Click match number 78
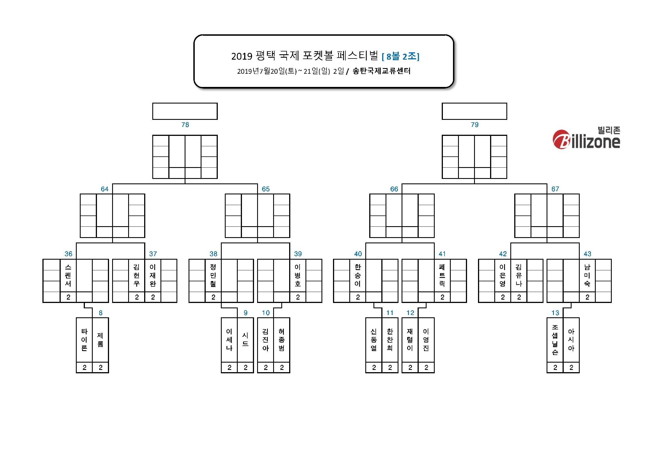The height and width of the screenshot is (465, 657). tap(185, 125)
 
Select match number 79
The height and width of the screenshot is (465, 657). tap(475, 125)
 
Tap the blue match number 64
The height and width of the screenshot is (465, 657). tap(105, 189)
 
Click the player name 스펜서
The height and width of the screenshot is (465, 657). tap(68, 275)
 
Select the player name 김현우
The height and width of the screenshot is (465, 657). tap(137, 275)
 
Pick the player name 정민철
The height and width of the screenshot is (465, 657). tap(213, 275)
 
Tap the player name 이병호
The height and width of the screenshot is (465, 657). tap(298, 275)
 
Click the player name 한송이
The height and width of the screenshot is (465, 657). tap(358, 275)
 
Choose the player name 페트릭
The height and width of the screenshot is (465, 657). tap(442, 275)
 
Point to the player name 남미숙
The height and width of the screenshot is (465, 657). tap(587, 275)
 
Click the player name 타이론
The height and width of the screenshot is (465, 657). tap(84, 340)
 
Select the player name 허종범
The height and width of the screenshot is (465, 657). tap(282, 340)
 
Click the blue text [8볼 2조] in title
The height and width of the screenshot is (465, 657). tap(401, 57)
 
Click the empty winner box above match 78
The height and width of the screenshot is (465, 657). tap(185, 111)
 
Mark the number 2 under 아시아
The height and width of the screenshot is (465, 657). tap(571, 368)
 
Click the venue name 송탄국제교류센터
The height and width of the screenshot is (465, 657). tap(381, 71)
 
